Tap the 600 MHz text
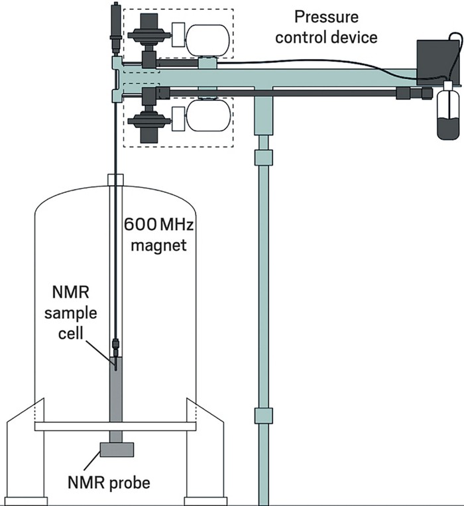[156, 224]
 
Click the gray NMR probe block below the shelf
[117, 450]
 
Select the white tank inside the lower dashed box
[207, 117]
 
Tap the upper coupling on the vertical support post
[264, 158]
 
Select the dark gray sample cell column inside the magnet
[117, 398]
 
